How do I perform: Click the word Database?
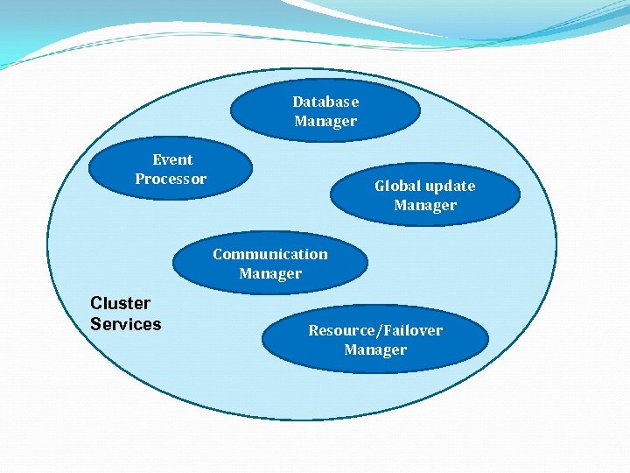325,102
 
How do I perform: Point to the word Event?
172,159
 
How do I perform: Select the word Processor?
171,179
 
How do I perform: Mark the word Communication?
270,254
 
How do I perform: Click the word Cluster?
121,303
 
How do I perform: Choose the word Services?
126,324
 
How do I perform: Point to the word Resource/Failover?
375,330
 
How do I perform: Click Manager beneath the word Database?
325,121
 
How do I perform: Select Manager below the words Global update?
425,205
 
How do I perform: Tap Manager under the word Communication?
270,273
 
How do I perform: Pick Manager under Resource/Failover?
375,349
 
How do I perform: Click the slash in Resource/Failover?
379,331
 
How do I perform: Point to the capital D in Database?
297,102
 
